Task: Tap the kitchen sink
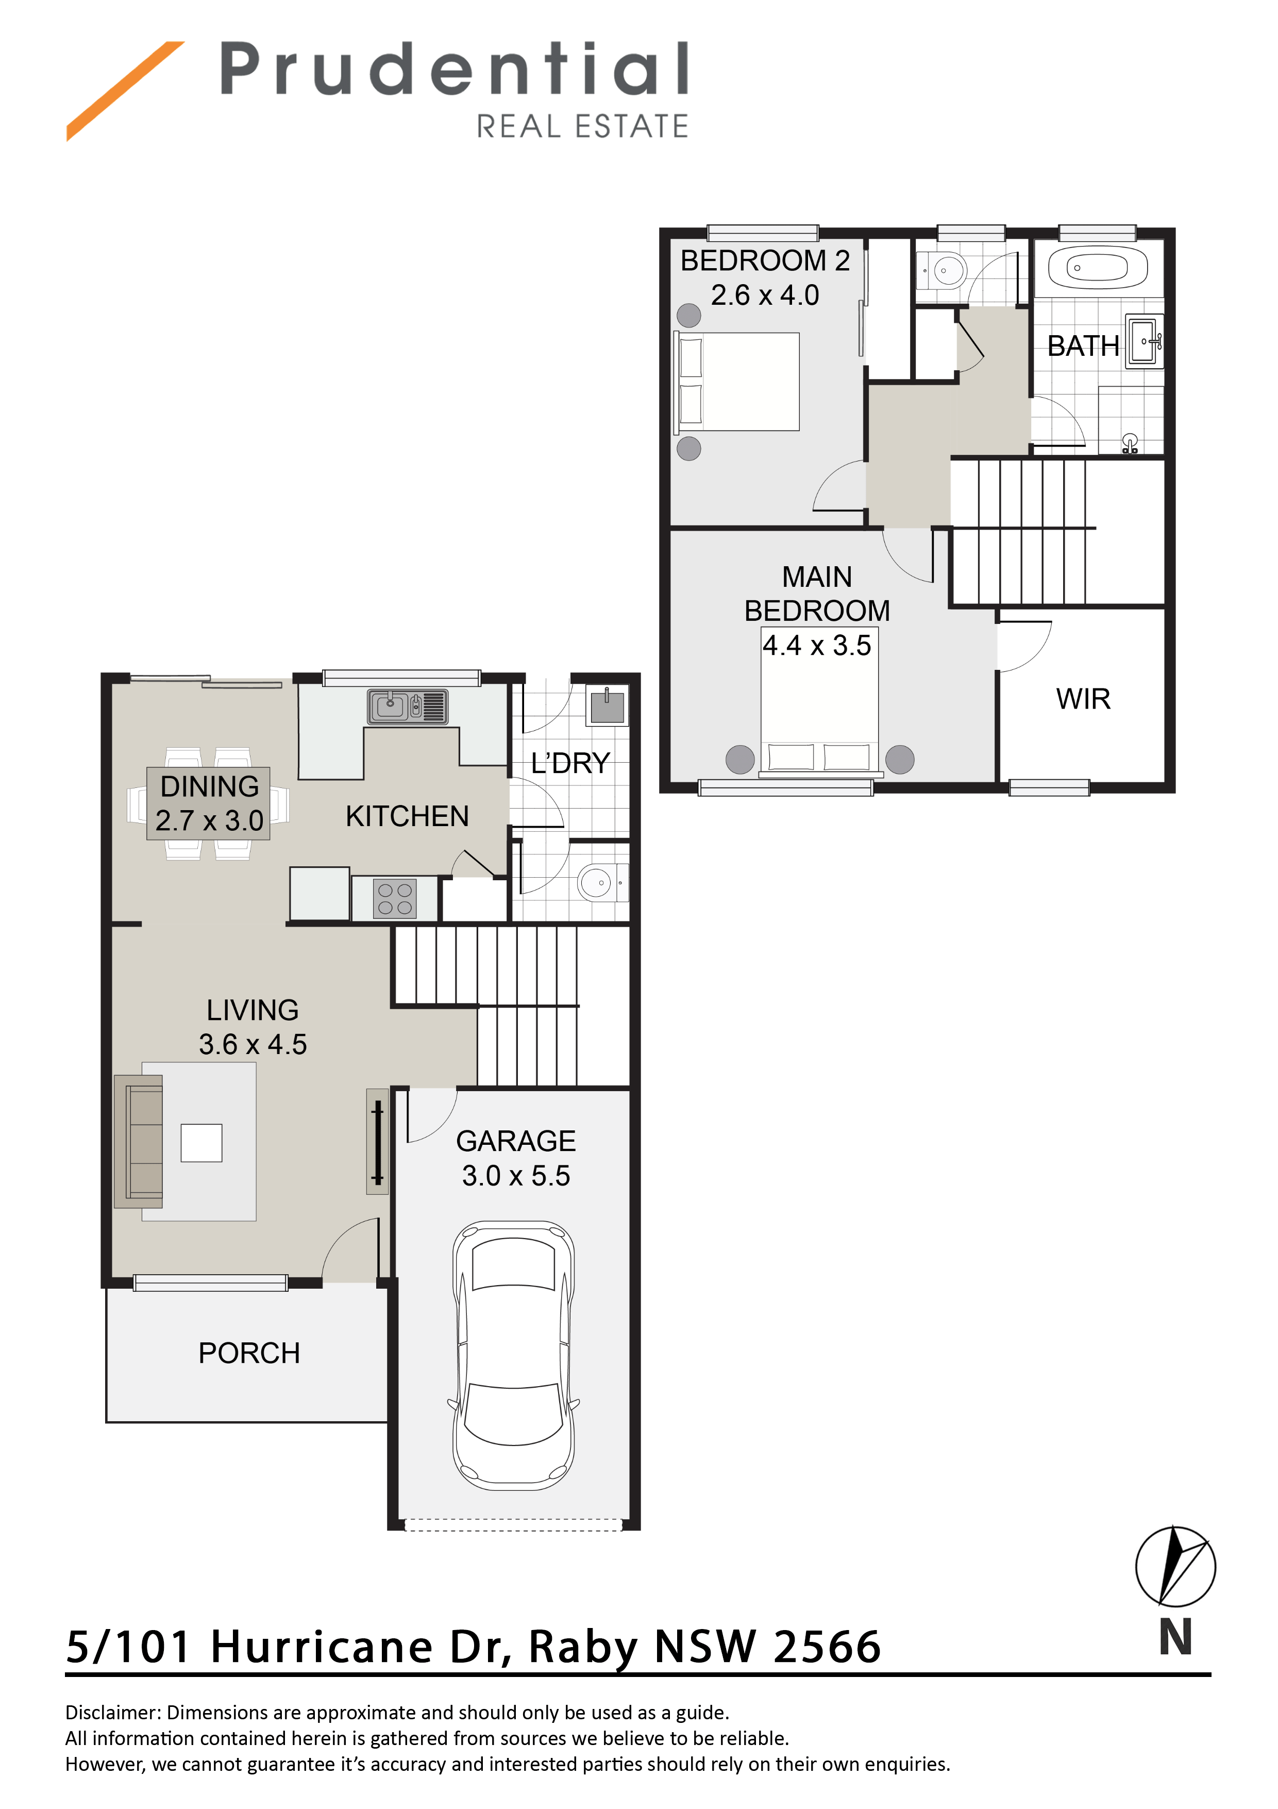(x=407, y=706)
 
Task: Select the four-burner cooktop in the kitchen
(x=395, y=898)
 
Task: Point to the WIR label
(x=1083, y=699)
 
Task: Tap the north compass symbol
(x=1175, y=1566)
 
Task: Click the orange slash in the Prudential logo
(x=125, y=91)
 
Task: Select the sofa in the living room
(x=139, y=1141)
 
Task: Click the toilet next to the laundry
(x=602, y=882)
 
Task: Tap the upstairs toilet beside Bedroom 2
(x=942, y=270)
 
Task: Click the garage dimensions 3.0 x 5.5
(x=516, y=1176)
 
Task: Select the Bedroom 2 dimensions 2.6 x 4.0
(x=765, y=295)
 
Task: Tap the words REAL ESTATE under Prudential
(x=583, y=126)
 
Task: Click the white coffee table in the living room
(x=201, y=1142)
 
